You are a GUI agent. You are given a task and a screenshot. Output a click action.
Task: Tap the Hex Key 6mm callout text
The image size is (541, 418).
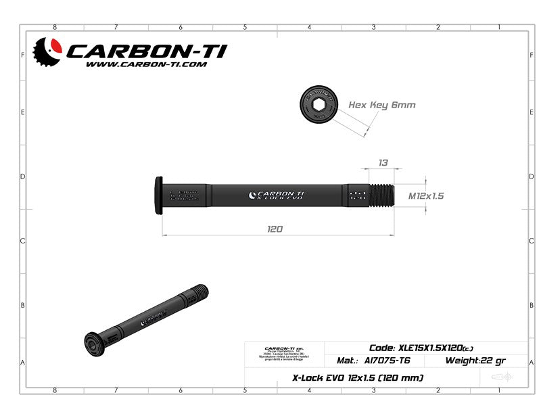pos(381,105)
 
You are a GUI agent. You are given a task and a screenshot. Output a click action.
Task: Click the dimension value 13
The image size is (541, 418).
pos(383,162)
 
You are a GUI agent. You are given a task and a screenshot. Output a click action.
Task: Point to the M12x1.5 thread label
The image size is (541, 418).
pos(426,195)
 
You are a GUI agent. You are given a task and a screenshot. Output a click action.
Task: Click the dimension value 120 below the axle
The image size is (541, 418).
pos(275,229)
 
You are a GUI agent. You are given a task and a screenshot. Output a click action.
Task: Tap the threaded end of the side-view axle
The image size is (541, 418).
pos(381,195)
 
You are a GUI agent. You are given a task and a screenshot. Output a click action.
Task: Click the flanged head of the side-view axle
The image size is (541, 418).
pos(160,195)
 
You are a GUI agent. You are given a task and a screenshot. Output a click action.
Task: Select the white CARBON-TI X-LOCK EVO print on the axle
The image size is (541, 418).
pos(277,195)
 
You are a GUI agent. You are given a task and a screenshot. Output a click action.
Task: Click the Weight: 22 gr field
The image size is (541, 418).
pos(475,361)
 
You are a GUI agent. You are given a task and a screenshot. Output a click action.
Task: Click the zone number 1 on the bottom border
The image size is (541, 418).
pos(498,390)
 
